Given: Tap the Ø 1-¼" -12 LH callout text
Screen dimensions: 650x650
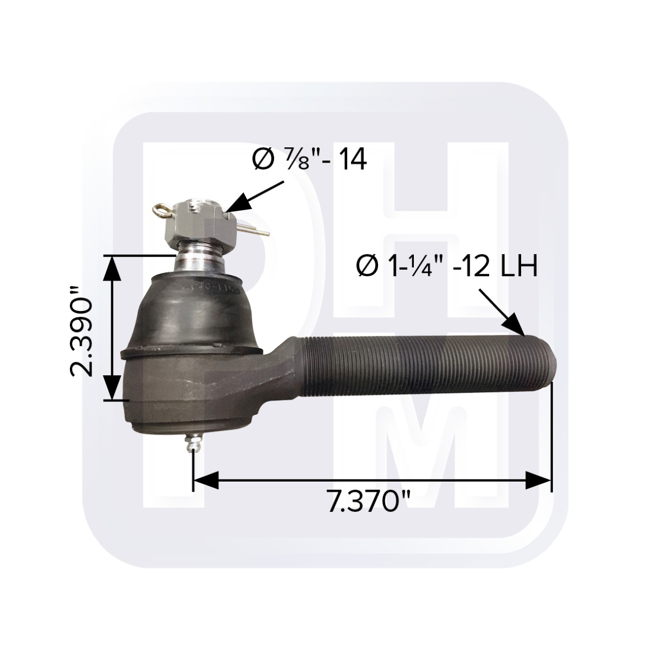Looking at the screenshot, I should tap(447, 267).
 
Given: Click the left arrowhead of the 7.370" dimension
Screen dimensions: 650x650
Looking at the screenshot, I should tap(206, 480).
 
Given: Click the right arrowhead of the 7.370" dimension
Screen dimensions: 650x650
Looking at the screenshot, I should tap(538, 480).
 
